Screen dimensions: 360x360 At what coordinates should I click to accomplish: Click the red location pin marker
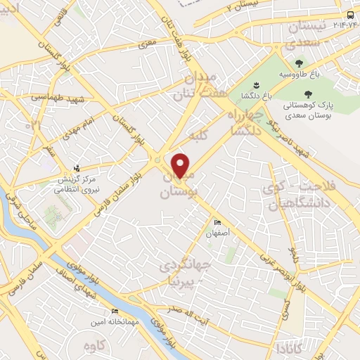point(181,166)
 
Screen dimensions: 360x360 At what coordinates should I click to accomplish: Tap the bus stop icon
point(351,16)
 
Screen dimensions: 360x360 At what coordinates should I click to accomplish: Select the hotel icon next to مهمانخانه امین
point(115,310)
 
